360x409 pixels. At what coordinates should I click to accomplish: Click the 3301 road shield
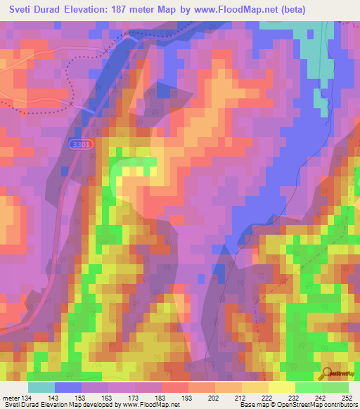point(81,143)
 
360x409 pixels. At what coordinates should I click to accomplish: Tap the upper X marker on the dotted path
point(107,52)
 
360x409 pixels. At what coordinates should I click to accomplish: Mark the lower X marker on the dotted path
point(71,103)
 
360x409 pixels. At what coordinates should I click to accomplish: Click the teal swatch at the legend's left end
point(41,387)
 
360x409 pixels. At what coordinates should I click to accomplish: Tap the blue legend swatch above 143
point(68,387)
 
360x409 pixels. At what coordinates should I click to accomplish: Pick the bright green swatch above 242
point(309,387)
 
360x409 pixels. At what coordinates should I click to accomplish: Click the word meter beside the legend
point(11,398)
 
